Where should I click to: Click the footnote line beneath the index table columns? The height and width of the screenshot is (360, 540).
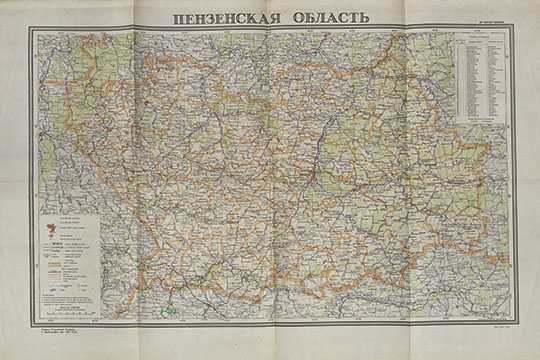[x=481, y=121]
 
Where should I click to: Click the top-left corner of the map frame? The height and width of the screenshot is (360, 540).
[x=29, y=29]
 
